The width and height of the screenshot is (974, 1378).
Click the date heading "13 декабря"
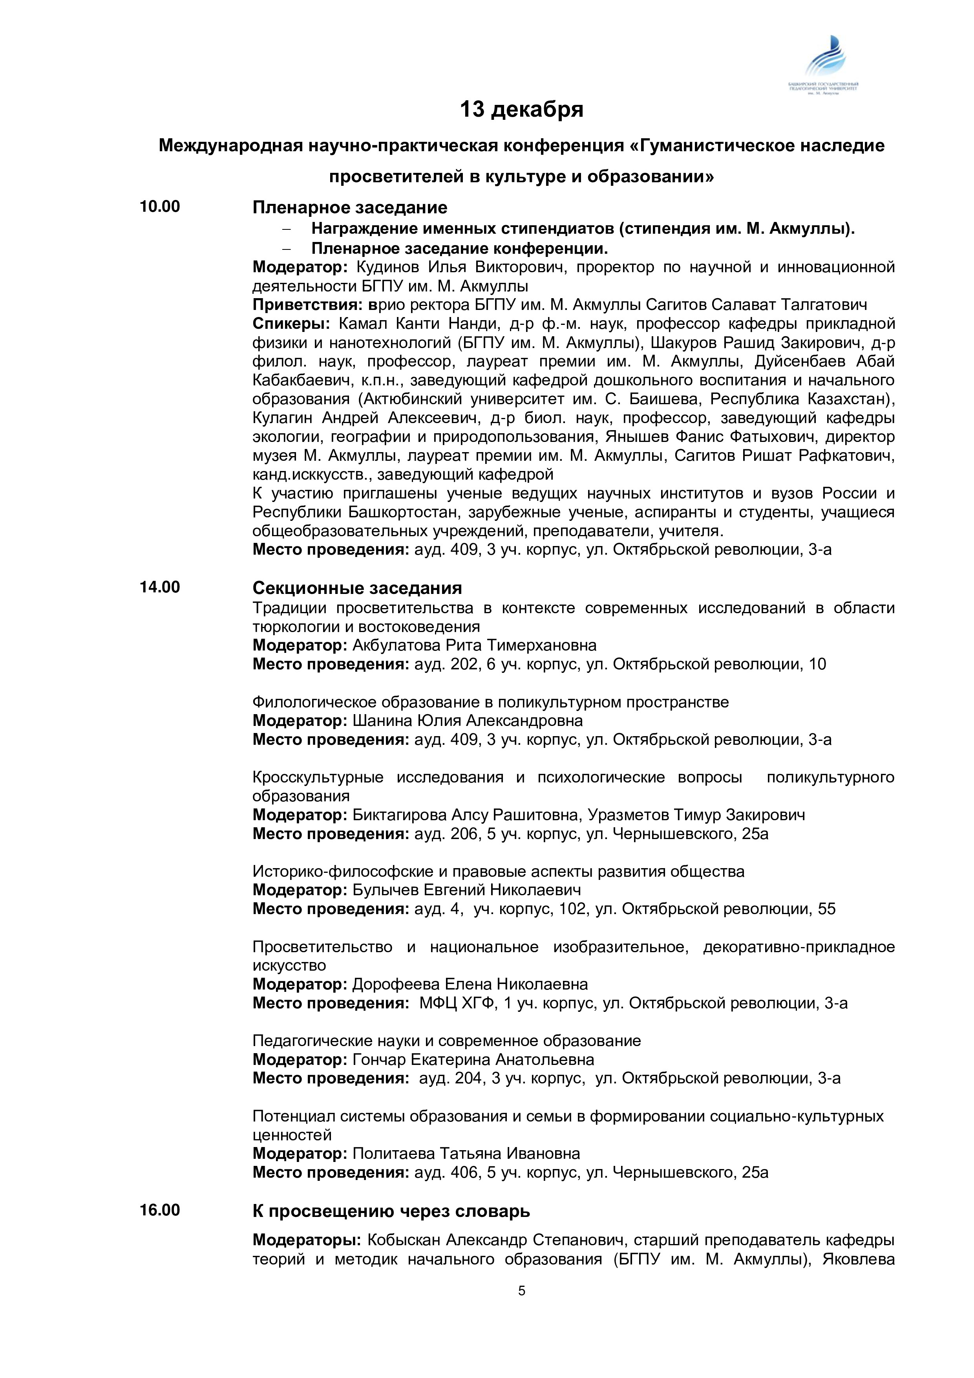coord(521,110)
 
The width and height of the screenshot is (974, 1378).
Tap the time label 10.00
coord(159,207)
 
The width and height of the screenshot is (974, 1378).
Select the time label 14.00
coord(159,587)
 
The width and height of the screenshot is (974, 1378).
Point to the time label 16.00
coord(159,1210)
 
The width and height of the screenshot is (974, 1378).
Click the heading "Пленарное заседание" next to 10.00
coord(350,208)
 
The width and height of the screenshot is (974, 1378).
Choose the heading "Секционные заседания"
coord(357,588)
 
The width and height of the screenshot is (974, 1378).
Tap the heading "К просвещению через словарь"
coord(391,1211)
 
